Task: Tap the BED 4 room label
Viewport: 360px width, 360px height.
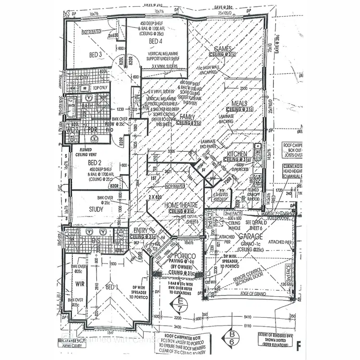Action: point(156,42)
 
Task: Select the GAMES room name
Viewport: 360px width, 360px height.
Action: point(223,49)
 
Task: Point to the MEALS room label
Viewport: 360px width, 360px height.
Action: point(240,103)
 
